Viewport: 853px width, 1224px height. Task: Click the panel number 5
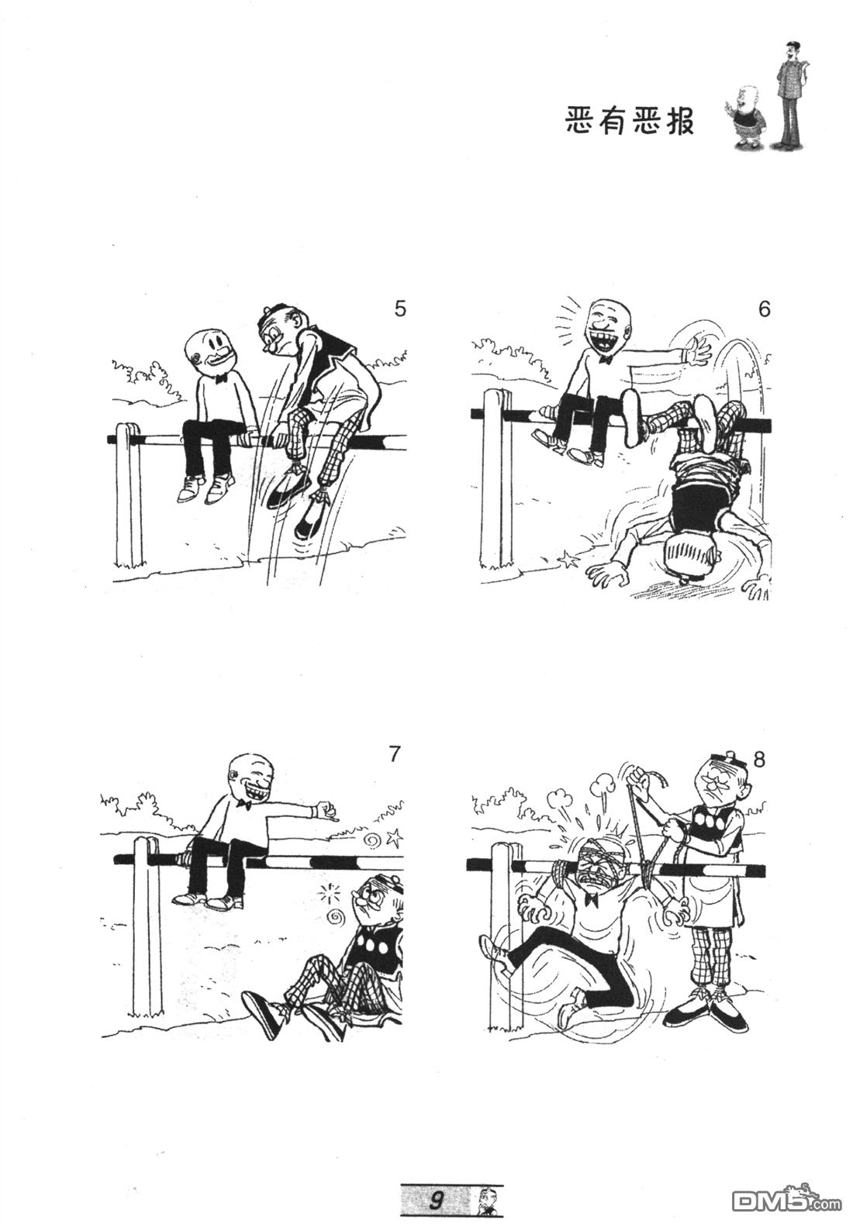point(400,309)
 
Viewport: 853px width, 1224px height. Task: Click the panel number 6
point(765,309)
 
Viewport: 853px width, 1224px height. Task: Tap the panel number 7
point(394,754)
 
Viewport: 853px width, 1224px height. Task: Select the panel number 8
point(759,760)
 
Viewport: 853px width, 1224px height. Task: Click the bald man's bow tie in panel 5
point(219,378)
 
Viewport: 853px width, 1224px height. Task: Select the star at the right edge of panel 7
point(394,836)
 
